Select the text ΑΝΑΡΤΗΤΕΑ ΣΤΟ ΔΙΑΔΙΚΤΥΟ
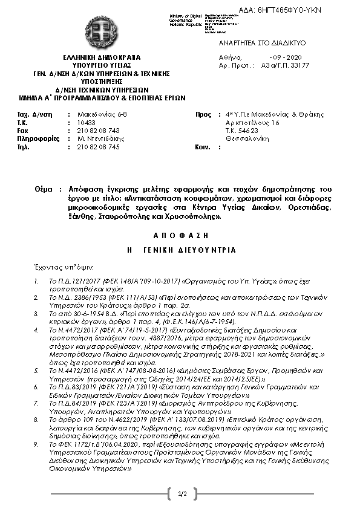[x=262, y=43]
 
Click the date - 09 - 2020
[x=280, y=57]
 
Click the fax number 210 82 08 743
[x=99, y=130]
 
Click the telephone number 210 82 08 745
[x=99, y=146]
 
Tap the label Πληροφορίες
[x=39, y=138]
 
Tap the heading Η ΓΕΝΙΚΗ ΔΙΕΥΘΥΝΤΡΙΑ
[x=180, y=250]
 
